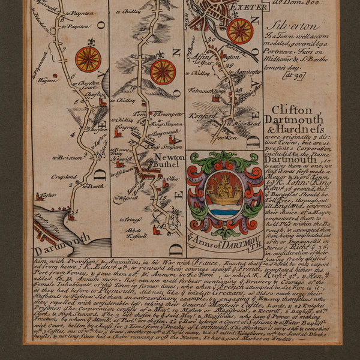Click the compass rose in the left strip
point(88,59)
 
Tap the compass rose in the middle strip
point(163,71)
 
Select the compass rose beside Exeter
point(240,31)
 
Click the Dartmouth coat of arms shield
point(224,195)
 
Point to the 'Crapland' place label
point(64,177)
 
